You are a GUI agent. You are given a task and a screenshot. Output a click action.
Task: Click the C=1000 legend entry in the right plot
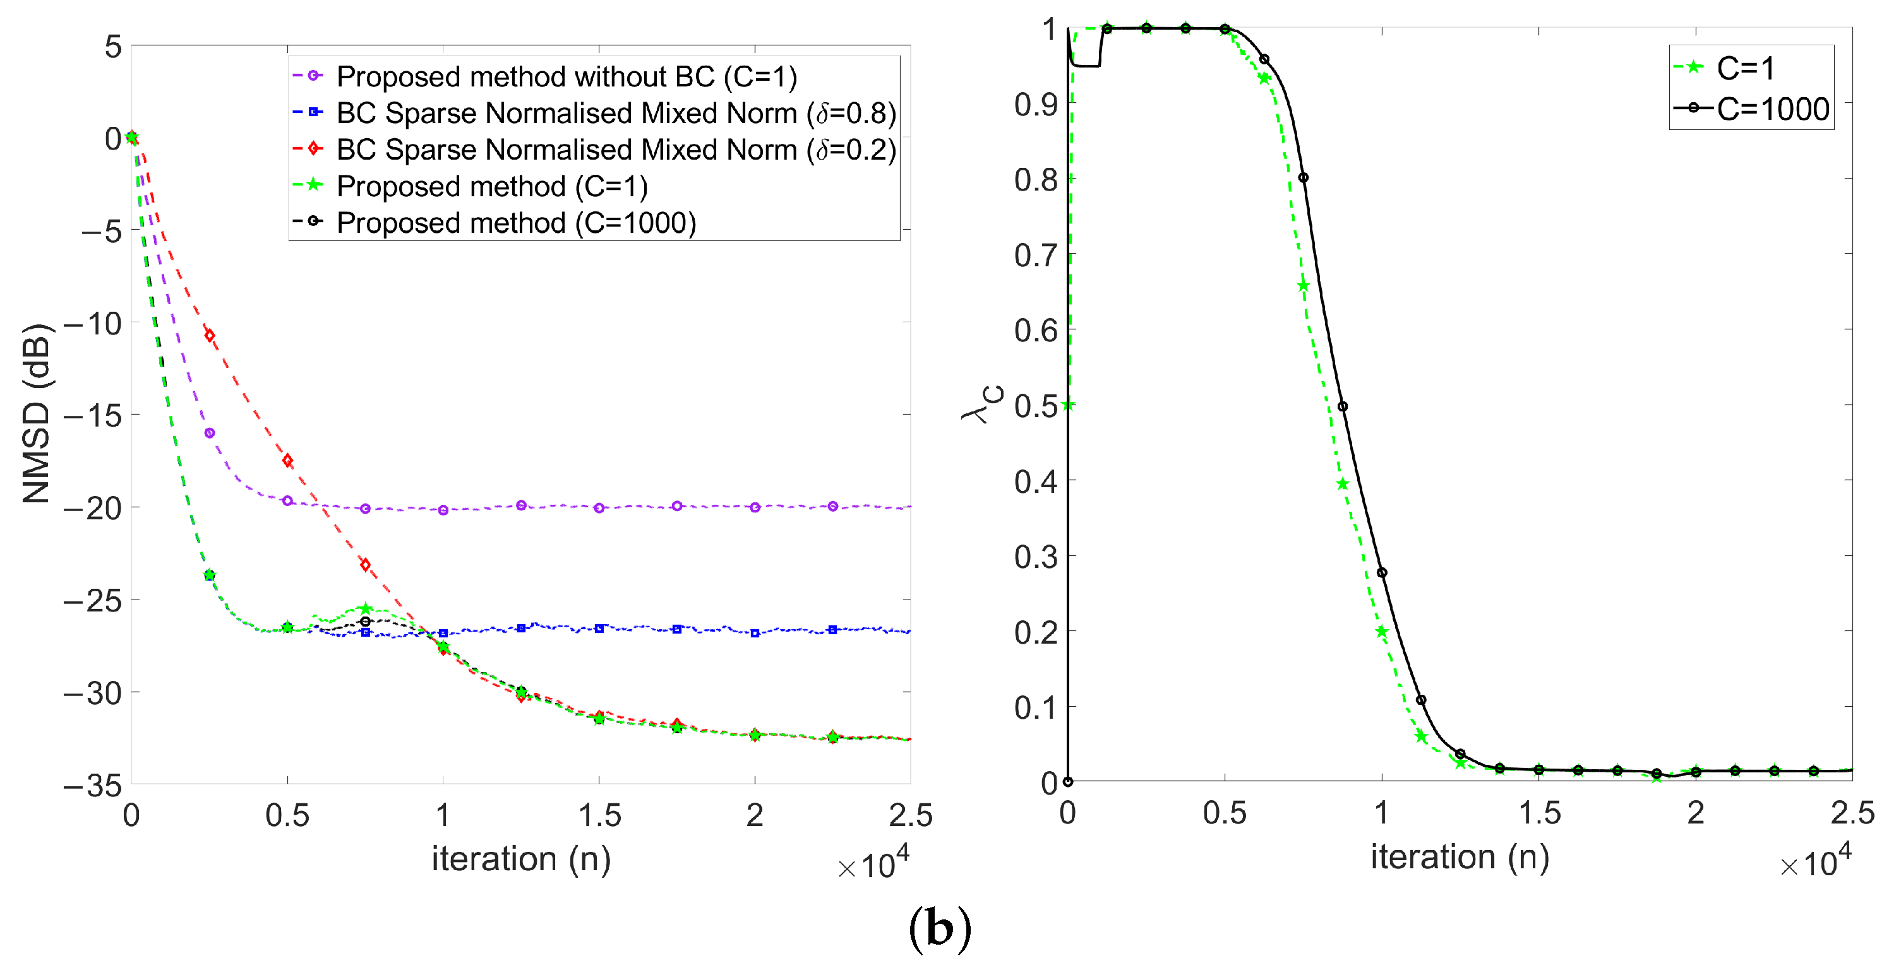coord(1772,109)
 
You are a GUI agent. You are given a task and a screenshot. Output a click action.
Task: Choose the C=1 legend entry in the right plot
coord(1745,68)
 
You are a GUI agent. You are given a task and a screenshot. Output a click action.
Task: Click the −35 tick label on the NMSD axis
coord(92,786)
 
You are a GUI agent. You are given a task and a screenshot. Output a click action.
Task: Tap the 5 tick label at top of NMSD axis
coord(113,47)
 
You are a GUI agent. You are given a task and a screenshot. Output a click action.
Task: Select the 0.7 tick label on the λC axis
coord(1035,255)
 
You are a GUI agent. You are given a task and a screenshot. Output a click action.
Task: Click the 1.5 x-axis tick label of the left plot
coord(599,815)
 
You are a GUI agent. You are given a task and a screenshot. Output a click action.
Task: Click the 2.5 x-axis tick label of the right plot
coord(1852,813)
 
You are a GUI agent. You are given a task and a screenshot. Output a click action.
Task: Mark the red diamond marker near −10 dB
coord(210,336)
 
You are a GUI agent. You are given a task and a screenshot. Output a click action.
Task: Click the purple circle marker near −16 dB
coord(210,433)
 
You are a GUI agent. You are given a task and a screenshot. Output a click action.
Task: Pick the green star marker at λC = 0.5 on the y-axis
coord(1069,404)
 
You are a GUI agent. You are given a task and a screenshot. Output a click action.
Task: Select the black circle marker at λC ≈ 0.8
coord(1303,177)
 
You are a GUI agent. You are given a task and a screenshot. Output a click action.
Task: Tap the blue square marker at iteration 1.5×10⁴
coord(599,629)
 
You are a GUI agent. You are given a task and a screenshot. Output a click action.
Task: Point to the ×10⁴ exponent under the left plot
coord(873,865)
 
